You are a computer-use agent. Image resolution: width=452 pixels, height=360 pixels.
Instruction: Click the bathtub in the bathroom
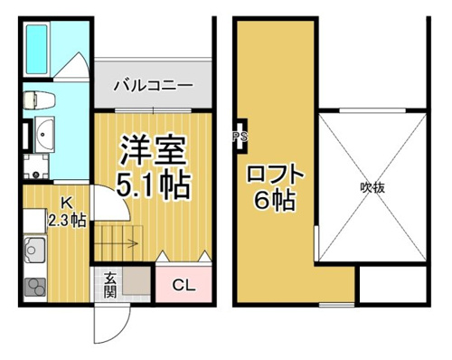(x=37, y=49)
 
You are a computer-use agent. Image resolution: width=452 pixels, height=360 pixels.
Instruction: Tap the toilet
(x=40, y=100)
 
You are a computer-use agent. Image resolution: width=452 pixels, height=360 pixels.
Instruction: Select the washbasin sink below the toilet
(x=44, y=134)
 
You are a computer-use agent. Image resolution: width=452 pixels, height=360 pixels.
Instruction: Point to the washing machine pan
(x=36, y=166)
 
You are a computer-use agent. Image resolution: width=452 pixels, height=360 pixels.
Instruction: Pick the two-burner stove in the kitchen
(x=35, y=288)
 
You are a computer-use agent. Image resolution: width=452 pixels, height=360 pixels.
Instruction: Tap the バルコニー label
(x=153, y=86)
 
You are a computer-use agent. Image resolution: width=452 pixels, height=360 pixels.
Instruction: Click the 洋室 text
(x=153, y=150)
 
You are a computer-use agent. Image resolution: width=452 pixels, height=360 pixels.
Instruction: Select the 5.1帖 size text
(x=154, y=184)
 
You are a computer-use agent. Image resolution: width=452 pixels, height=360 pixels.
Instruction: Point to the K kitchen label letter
(x=67, y=203)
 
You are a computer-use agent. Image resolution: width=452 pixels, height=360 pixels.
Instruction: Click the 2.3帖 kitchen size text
(x=68, y=221)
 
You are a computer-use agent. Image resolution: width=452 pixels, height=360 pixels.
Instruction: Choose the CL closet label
(x=184, y=285)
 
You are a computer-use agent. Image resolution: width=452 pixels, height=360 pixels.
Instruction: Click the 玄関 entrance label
(x=110, y=285)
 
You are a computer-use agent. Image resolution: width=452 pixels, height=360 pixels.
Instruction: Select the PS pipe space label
(x=241, y=137)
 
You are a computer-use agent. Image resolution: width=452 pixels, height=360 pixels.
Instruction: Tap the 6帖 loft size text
(x=274, y=200)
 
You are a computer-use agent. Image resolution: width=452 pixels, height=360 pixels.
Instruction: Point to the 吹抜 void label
(x=372, y=188)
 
